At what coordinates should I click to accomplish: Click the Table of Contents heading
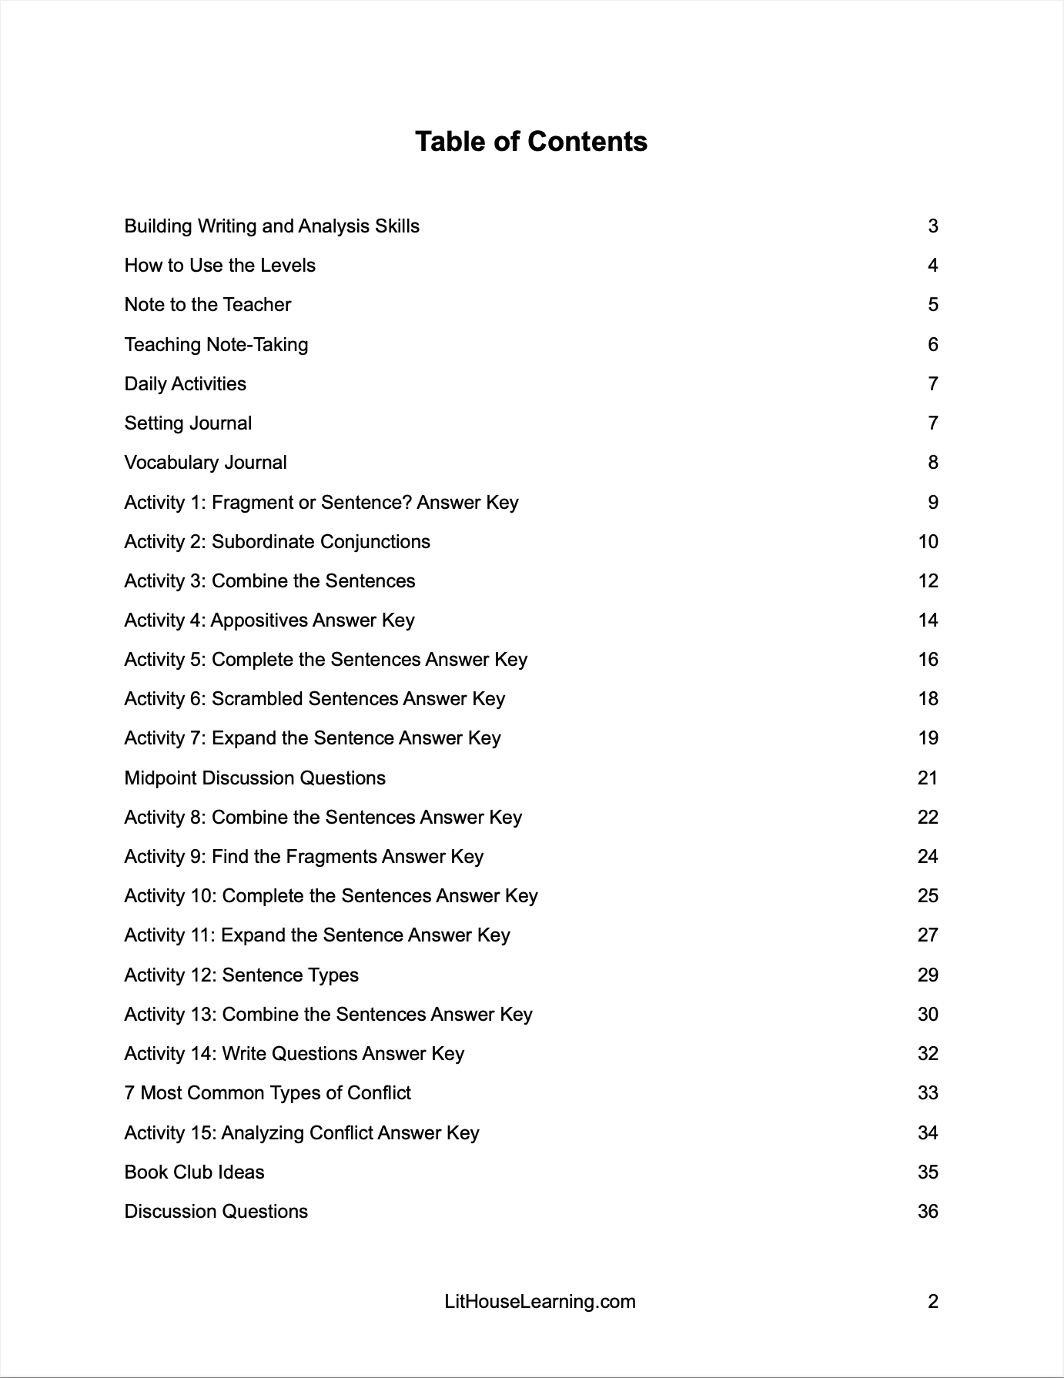531,142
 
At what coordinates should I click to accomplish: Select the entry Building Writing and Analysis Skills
272,226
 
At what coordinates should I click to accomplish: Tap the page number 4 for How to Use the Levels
932,266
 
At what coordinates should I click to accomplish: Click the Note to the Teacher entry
208,305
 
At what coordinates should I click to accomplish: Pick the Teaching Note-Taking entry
216,344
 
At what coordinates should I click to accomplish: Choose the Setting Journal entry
188,423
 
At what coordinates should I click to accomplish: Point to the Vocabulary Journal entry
206,463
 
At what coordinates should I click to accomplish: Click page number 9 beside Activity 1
932,503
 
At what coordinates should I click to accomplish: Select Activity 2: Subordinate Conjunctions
277,542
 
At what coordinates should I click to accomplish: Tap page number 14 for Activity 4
928,620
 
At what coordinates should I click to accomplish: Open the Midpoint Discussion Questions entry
255,778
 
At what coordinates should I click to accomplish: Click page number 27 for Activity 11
928,935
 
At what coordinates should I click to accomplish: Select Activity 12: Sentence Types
242,975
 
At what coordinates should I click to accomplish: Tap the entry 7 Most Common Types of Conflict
268,1093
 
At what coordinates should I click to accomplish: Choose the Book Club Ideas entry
194,1172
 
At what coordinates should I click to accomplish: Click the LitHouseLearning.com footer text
540,1302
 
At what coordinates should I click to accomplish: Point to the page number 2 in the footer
932,1302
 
